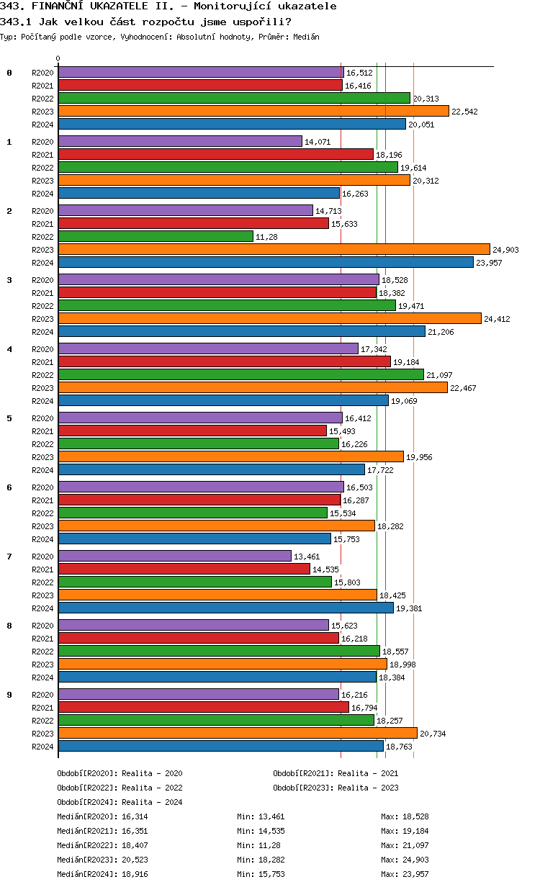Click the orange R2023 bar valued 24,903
(x=274, y=249)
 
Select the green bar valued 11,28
(x=156, y=236)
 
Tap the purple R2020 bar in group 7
(x=174, y=556)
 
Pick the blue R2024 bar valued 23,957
(x=266, y=262)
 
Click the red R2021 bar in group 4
(x=224, y=361)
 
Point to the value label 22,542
(x=464, y=112)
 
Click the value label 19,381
(x=409, y=608)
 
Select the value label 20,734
(x=433, y=734)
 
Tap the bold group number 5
(x=9, y=418)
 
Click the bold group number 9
(x=9, y=694)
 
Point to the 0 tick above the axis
(x=58, y=58)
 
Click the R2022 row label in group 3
(x=43, y=306)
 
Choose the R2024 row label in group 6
(x=43, y=539)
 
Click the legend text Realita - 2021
(x=368, y=773)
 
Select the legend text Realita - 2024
(x=152, y=802)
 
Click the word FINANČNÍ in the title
(x=63, y=6)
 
